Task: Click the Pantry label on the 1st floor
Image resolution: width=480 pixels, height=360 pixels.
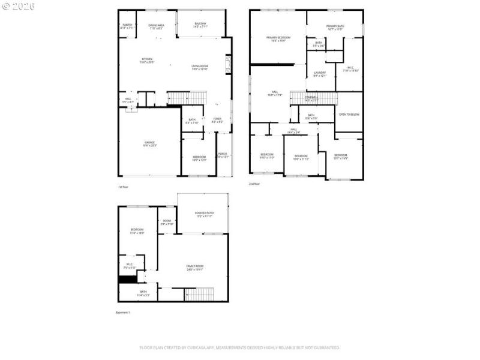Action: pyautogui.click(x=127, y=26)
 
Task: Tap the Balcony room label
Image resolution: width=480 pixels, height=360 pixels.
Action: pyautogui.click(x=200, y=25)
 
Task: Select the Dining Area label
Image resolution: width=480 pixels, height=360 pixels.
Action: pyautogui.click(x=156, y=26)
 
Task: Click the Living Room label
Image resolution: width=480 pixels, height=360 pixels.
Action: pyautogui.click(x=199, y=67)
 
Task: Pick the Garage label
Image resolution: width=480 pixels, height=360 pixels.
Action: pyautogui.click(x=149, y=143)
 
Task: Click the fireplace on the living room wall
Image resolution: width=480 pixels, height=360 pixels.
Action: pyautogui.click(x=228, y=65)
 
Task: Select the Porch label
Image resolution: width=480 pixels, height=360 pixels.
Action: pyautogui.click(x=223, y=154)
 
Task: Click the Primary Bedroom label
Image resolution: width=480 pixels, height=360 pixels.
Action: pyautogui.click(x=278, y=38)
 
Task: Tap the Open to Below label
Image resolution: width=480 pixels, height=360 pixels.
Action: pyautogui.click(x=349, y=114)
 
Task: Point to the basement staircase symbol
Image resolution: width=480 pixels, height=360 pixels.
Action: pyautogui.click(x=199, y=295)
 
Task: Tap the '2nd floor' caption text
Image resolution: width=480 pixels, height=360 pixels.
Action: pyautogui.click(x=254, y=184)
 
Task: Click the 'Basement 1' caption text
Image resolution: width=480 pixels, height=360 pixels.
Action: pyautogui.click(x=122, y=313)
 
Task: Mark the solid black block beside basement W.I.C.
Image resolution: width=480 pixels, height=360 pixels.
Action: pyautogui.click(x=127, y=279)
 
